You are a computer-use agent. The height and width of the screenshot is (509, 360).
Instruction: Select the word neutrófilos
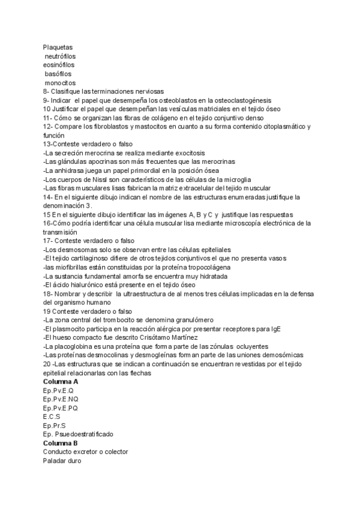pyautogui.click(x=61, y=56)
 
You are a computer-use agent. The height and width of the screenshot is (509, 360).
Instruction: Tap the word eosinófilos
pyautogui.click(x=59, y=65)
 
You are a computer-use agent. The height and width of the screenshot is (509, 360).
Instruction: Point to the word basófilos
pyautogui.click(x=58, y=74)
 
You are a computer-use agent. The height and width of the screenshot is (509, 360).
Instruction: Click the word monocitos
pyautogui.click(x=61, y=82)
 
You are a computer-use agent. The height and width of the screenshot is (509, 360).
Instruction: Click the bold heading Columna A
pyautogui.click(x=61, y=381)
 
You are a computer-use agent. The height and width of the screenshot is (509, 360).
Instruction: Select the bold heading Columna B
pyautogui.click(x=61, y=442)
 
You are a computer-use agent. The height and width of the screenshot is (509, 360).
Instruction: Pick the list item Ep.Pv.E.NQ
pyautogui.click(x=61, y=399)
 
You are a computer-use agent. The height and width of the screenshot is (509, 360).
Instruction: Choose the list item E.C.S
pyautogui.click(x=52, y=416)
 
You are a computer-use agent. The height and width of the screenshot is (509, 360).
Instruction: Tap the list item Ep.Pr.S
pyautogui.click(x=55, y=425)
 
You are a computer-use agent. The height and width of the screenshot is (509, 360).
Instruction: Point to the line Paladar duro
pyautogui.click(x=62, y=460)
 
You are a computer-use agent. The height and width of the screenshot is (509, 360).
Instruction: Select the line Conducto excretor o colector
pyautogui.click(x=85, y=451)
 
